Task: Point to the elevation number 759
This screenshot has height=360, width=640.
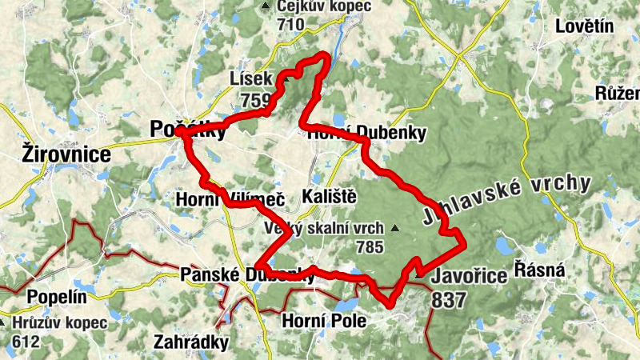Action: [254, 101]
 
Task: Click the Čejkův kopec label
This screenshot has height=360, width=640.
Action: [324, 6]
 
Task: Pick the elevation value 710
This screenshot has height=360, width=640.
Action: [290, 24]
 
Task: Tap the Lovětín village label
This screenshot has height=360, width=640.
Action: [584, 26]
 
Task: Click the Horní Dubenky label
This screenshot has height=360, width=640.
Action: [367, 133]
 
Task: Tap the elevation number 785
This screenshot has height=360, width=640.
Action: [370, 247]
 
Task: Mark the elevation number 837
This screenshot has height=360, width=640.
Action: [447, 300]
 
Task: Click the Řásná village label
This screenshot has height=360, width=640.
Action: [539, 270]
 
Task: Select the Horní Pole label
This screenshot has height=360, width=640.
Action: [324, 322]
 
